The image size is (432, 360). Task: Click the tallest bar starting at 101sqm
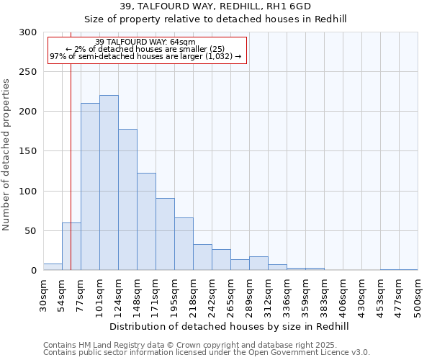(x=109, y=183)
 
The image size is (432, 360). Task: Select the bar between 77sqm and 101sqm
(x=90, y=186)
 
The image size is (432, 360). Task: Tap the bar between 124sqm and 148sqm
(x=127, y=199)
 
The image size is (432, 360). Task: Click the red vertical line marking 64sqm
(x=71, y=144)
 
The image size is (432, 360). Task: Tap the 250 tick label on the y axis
(x=27, y=72)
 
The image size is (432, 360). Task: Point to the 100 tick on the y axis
(x=27, y=192)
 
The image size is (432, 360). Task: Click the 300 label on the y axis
(x=27, y=32)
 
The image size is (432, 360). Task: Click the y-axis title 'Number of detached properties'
(x=6, y=156)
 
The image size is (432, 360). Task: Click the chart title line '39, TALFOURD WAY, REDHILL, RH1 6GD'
(x=215, y=6)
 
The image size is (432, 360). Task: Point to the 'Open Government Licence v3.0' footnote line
(x=207, y=353)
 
